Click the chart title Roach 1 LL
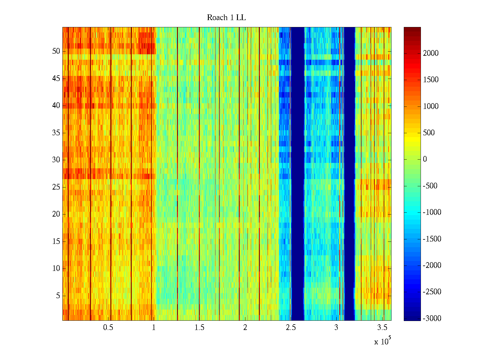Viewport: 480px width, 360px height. point(226,18)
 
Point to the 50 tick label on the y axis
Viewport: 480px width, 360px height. point(56,51)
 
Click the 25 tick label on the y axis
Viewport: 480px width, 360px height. point(56,187)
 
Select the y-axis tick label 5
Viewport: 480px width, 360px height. point(58,296)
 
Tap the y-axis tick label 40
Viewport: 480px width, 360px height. point(56,106)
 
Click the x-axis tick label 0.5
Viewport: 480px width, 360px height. point(108,328)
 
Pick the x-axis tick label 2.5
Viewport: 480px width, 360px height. point(291,328)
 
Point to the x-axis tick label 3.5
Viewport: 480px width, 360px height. point(382,328)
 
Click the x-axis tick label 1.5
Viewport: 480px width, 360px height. point(199,328)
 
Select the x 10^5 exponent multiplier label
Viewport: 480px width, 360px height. point(382,341)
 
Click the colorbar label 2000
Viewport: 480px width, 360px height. point(430,53)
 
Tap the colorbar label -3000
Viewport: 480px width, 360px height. point(432,319)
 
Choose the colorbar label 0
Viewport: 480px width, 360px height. point(425,159)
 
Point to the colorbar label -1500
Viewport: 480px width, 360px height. point(432,239)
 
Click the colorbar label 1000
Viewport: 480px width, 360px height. point(430,106)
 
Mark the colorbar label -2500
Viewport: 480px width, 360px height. point(432,292)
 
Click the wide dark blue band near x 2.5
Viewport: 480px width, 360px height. point(298,174)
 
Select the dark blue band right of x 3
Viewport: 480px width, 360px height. point(349,174)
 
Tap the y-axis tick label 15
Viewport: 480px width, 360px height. point(56,241)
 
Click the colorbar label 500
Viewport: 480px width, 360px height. point(429,133)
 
